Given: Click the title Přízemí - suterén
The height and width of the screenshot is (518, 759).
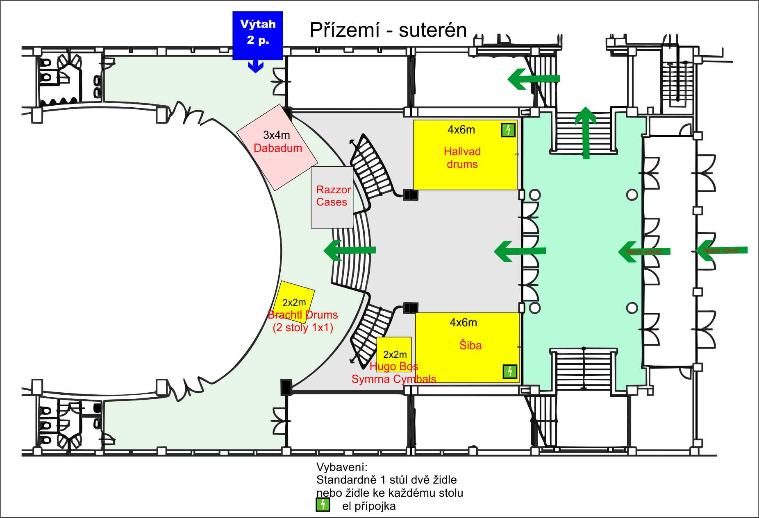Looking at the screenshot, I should coord(388,30).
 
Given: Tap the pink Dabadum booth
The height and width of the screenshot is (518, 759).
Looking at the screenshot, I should coord(277,147).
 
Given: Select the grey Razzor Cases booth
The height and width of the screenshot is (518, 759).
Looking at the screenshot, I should coord(332,197).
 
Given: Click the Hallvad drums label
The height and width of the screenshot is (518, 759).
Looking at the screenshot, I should coord(462,158).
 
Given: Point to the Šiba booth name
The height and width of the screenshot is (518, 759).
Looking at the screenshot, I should coord(470,345).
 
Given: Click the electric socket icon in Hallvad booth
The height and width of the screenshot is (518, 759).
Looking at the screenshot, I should coord(508,130).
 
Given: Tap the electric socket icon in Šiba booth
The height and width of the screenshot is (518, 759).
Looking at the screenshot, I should coord(510,371).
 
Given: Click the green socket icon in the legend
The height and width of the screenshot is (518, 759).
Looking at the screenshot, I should coord(323,504).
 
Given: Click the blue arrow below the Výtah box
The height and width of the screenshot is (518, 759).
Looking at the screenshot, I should coord(255,66).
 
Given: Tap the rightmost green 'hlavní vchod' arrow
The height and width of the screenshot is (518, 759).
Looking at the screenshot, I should coord(722,251).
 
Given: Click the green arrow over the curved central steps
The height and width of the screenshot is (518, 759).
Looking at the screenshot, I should coord(350,250).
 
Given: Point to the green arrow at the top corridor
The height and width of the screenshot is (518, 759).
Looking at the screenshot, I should coord(533,79).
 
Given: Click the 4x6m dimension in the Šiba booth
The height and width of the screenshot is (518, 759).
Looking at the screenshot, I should coord(463,323).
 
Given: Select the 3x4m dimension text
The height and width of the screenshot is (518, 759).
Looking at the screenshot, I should coord(276,135).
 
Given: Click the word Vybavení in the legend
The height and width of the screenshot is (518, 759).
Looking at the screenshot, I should coord(342,467).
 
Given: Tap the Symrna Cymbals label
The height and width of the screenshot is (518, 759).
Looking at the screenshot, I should coord(393,379).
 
